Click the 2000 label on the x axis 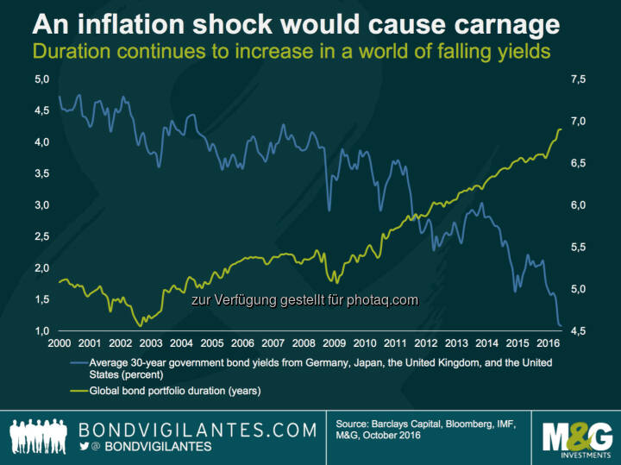coord(58,342)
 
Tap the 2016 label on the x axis coord(546,342)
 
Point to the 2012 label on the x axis coord(424,342)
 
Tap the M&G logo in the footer coord(575,437)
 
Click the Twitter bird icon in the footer coord(85,447)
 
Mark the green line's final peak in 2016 coord(560,129)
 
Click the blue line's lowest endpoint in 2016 coord(561,326)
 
